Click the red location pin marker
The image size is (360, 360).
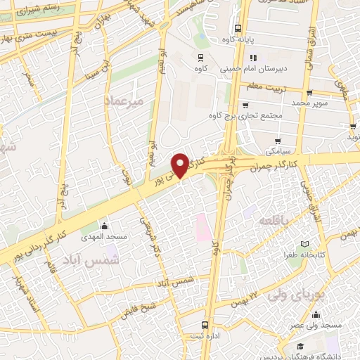[x=181, y=166]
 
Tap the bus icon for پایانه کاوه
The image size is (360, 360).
[x=238, y=30]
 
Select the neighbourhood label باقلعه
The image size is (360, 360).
[x=273, y=221]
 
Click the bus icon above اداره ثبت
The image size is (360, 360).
[x=204, y=326]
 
